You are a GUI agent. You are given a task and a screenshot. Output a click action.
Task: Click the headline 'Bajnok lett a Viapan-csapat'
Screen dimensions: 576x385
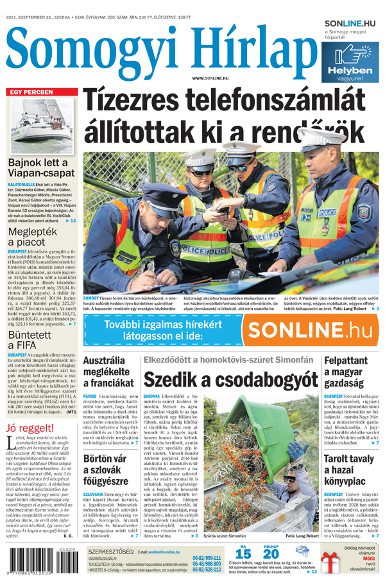pos(42,169)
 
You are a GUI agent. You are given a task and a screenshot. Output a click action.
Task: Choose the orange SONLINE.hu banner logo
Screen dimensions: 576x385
pos(311,330)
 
